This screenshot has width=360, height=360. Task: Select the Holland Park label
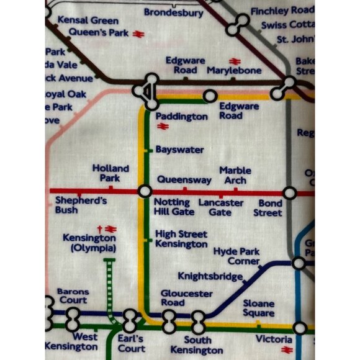(x=110, y=173)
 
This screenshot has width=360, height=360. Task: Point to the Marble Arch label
(x=235, y=175)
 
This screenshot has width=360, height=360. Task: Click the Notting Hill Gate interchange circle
(x=145, y=192)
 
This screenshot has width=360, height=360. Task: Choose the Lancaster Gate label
(x=220, y=208)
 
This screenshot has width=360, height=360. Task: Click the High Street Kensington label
(x=181, y=239)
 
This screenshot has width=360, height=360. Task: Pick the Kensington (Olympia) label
(x=89, y=243)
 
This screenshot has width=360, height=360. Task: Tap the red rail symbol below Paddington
(x=163, y=127)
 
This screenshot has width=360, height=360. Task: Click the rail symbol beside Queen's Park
(x=138, y=34)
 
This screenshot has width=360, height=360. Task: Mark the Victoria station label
(x=274, y=340)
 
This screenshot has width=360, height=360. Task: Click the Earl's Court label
(x=132, y=344)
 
